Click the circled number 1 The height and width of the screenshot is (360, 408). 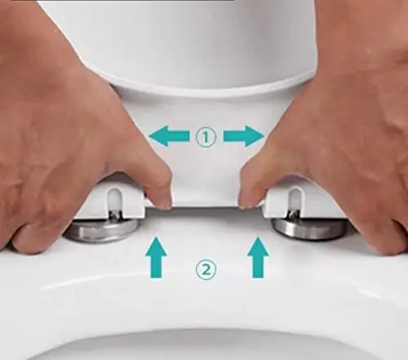[206, 136]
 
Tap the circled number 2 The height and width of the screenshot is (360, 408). [206, 269]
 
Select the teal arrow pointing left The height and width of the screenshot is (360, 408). [169, 136]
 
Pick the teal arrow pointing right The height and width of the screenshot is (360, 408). [244, 136]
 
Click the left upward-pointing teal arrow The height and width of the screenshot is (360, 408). [156, 257]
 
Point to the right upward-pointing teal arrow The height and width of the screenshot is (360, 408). [258, 257]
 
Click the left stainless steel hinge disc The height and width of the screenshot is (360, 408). [102, 231]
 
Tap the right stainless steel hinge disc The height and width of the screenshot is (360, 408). [310, 228]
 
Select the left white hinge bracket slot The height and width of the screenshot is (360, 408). [113, 200]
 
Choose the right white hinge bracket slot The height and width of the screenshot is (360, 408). [295, 201]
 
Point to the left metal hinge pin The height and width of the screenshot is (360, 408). [115, 215]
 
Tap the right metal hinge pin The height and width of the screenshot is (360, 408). [294, 215]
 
